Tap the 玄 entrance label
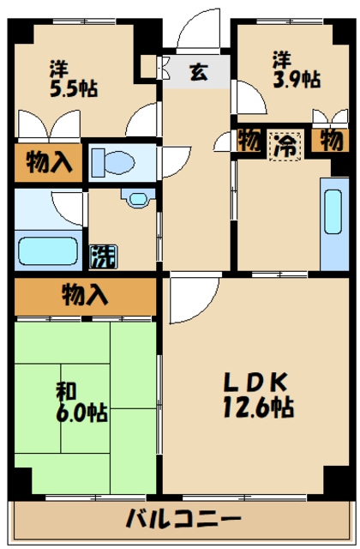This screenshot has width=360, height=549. click(x=198, y=73)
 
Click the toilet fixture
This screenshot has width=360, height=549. click(x=116, y=161)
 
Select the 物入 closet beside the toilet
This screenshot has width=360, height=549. click(x=48, y=160)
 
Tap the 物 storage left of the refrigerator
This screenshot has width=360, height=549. click(x=249, y=140)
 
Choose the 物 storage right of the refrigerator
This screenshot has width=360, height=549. click(x=329, y=140)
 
